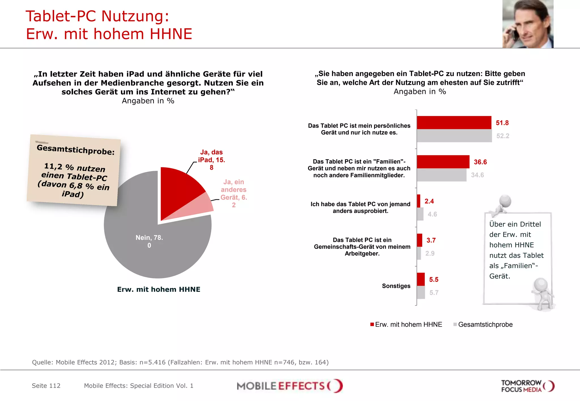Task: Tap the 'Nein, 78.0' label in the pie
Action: pos(149,241)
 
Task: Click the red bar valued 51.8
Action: pos(454,123)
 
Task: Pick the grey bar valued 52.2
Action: pos(454,136)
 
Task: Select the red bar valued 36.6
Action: pos(443,162)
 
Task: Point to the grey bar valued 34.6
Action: pos(441,175)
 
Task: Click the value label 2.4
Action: pos(429,201)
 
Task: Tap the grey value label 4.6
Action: pos(432,214)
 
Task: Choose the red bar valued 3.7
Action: pos(419,240)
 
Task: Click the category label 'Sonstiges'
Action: pos(396,286)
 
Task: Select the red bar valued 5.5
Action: pos(421,279)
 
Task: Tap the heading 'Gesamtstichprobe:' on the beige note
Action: pos(76,150)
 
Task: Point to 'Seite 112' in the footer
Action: pos(46,386)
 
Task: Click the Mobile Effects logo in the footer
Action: pos(289,386)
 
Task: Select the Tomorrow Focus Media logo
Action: pos(527,386)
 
